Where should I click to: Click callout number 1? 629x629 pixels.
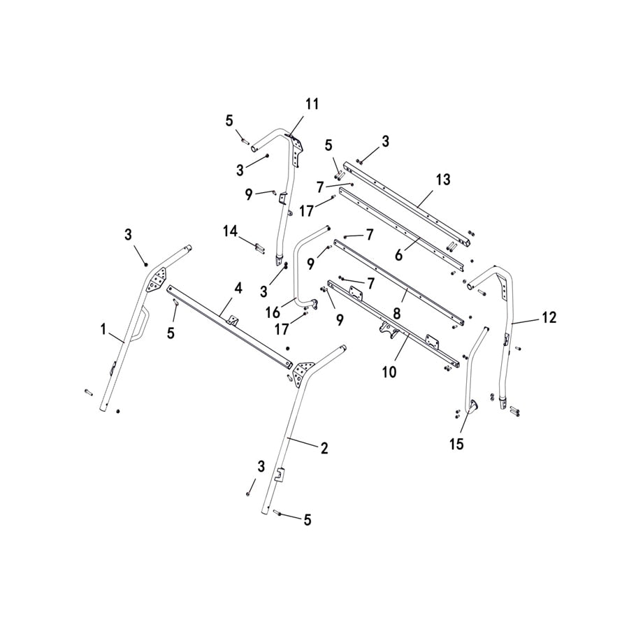click(x=103, y=327)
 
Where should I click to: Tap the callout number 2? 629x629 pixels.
click(x=324, y=449)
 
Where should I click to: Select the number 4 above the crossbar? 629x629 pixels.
click(x=238, y=287)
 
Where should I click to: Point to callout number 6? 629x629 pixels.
click(x=399, y=256)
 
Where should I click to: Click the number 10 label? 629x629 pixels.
click(x=389, y=372)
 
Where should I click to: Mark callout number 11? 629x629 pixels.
click(x=312, y=104)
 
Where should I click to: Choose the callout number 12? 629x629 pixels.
click(x=549, y=317)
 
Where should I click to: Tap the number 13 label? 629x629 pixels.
click(x=442, y=180)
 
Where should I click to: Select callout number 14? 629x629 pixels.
click(x=231, y=230)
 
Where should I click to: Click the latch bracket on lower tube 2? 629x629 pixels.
click(x=280, y=475)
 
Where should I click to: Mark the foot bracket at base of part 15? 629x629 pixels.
click(x=469, y=407)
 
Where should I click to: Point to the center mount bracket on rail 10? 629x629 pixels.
click(x=386, y=328)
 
